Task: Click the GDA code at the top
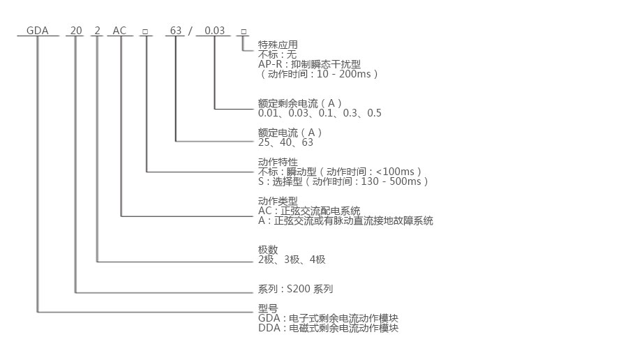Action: tap(37, 31)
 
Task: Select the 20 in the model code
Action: tap(76, 31)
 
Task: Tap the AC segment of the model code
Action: tap(119, 31)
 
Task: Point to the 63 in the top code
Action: tap(176, 31)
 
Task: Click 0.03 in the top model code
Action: tap(215, 31)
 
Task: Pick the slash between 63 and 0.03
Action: tap(190, 31)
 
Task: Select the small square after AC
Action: tap(145, 31)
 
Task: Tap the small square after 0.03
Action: tap(244, 31)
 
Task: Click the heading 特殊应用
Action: tap(278, 45)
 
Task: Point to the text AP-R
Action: tap(271, 64)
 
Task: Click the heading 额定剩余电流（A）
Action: tap(300, 103)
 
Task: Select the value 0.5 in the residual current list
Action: tap(374, 113)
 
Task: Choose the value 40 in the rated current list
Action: tap(285, 142)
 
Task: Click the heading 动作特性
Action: tap(278, 162)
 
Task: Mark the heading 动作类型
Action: tap(278, 201)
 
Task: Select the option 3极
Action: tap(292, 260)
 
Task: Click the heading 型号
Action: tap(268, 308)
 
